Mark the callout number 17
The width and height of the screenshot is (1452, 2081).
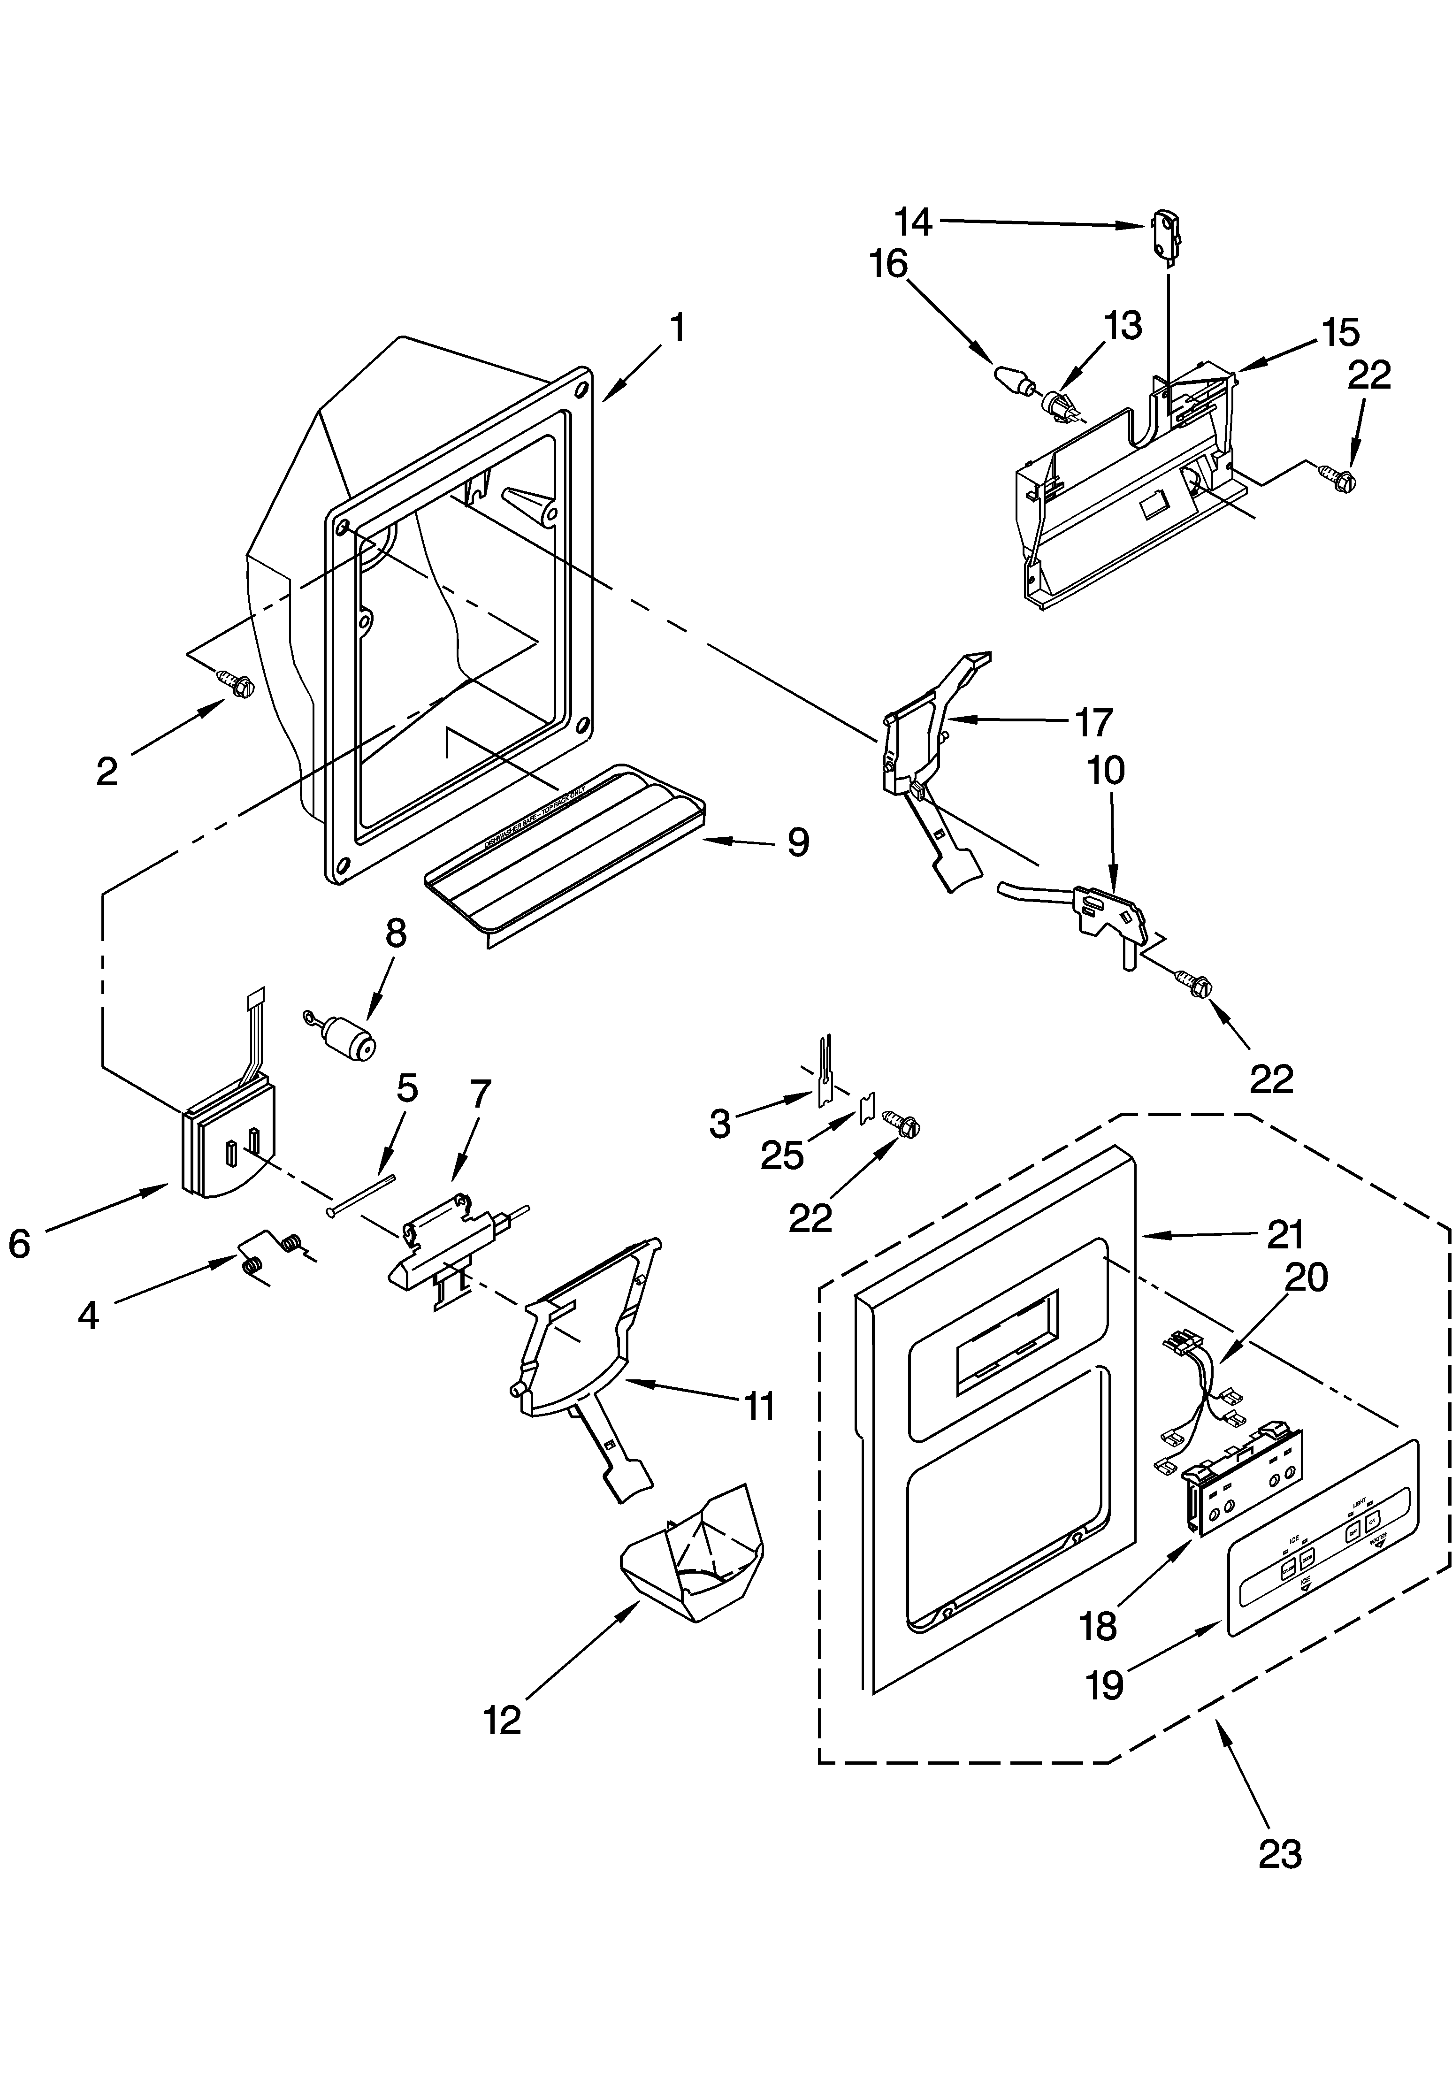click(x=1093, y=722)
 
